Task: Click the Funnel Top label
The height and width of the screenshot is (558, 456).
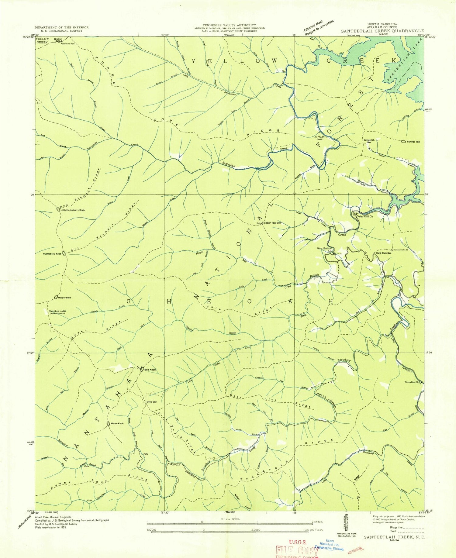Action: coord(413,142)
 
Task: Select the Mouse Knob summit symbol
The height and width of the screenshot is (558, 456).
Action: coord(108,424)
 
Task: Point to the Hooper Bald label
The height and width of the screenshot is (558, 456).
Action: coord(64,298)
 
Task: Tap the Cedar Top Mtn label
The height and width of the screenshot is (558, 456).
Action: coord(272,223)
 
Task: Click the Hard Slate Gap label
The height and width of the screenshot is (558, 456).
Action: coord(383,253)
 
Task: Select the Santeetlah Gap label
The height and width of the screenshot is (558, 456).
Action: coord(369,141)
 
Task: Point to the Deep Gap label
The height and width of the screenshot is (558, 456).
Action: coord(152,402)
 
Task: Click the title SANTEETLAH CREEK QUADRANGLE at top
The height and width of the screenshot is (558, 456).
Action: coord(382,31)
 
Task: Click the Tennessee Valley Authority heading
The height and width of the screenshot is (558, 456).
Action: coord(230,25)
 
